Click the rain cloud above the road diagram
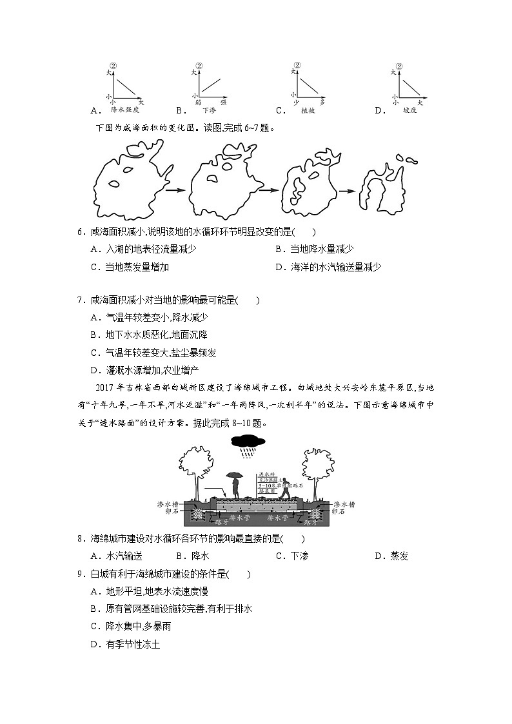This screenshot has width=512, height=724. point(247,442)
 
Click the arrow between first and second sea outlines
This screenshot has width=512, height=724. point(176,191)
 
